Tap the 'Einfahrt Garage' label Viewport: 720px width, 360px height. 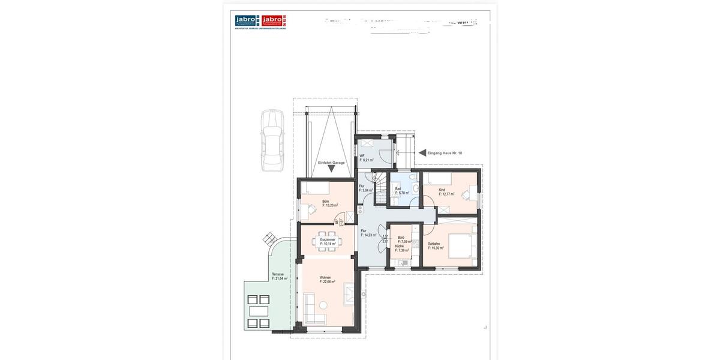tap(331, 163)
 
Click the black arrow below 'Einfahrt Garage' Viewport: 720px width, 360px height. tap(331, 169)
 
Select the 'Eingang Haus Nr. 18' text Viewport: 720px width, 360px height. tap(445, 153)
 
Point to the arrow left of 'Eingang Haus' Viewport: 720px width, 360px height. tap(422, 153)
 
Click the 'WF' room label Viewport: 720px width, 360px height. tap(362, 156)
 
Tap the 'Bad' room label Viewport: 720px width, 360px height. tap(398, 189)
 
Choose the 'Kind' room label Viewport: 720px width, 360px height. tap(442, 190)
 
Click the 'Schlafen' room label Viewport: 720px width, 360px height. tap(434, 244)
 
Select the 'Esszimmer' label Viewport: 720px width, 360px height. tap(327, 239)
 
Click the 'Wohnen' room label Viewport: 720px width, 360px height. tap(325, 278)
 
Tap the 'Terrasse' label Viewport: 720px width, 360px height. tap(277, 274)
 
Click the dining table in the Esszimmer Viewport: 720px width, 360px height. tap(327, 241)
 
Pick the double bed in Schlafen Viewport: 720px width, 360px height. tap(461, 244)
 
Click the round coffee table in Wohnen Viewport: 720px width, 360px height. tap(323, 305)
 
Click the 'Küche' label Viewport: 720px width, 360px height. tap(400, 246)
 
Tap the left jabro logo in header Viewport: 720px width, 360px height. tap(246, 20)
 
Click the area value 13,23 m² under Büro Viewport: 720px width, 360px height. tap(329, 205)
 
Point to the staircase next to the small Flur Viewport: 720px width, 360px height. tap(379, 179)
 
